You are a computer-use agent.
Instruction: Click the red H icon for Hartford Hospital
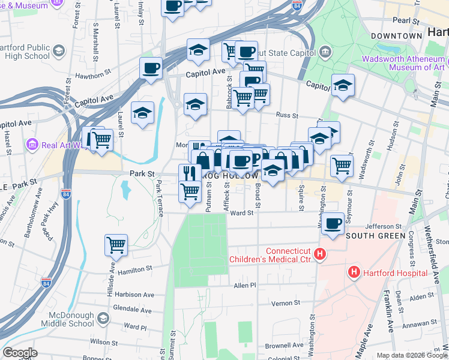pos(354,272)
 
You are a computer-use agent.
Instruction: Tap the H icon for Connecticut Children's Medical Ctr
pos(320,255)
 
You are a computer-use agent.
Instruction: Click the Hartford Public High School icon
pos(59,50)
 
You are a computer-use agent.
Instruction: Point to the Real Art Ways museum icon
pos(32,145)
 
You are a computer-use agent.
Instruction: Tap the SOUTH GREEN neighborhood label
pos(375,236)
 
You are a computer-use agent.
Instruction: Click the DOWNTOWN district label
pos(396,36)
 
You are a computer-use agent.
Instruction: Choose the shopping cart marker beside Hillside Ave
pos(116,244)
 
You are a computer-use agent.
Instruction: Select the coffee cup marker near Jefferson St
pos(333,223)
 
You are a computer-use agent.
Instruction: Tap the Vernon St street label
pos(285,304)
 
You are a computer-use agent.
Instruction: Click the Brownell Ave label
pos(284,346)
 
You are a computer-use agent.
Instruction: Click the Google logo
pos(20,353)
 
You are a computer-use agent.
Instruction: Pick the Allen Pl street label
pos(245,286)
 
